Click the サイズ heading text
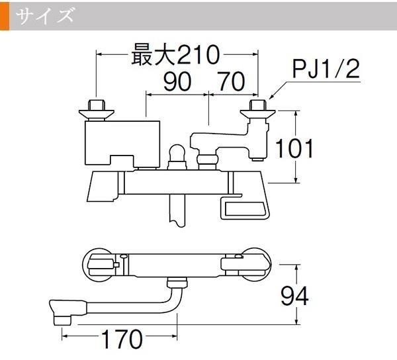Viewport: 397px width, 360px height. point(45,16)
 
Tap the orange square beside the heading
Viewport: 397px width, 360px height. point(5,16)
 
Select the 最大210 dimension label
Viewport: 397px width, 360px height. point(175,55)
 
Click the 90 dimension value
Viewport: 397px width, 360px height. point(177,81)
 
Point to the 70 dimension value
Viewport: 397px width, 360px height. point(232,81)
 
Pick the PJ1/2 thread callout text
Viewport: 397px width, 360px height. point(326,69)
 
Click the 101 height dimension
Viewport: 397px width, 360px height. point(294,148)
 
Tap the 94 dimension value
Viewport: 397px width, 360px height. point(294,296)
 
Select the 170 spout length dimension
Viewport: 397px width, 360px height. point(122,339)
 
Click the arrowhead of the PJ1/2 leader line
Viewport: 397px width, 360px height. point(271,97)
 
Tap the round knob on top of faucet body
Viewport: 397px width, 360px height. point(176,152)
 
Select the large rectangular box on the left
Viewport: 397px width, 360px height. point(122,144)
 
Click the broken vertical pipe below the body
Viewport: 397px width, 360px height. point(177,210)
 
